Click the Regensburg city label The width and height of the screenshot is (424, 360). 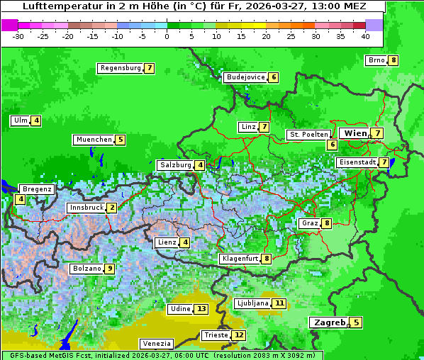(121, 68)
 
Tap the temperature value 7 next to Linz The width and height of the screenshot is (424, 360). (264, 127)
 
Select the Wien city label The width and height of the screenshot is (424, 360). (355, 133)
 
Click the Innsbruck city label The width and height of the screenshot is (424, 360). (86, 208)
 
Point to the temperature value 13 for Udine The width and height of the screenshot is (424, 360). (201, 309)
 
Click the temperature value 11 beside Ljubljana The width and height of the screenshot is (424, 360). (279, 303)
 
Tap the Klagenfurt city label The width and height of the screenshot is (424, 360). (240, 259)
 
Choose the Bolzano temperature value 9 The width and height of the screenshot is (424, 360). (109, 269)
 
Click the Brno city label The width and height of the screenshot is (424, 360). (376, 60)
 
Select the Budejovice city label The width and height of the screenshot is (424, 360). (245, 77)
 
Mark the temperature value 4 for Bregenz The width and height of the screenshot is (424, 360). (20, 200)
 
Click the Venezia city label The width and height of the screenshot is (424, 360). (156, 344)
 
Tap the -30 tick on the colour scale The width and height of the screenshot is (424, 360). (18, 35)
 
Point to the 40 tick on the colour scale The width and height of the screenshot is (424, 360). (365, 35)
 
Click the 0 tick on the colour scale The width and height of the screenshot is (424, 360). (167, 35)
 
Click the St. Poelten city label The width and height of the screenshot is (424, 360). (308, 134)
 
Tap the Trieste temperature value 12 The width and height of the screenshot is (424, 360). (239, 335)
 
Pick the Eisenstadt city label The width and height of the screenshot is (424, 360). (357, 162)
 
